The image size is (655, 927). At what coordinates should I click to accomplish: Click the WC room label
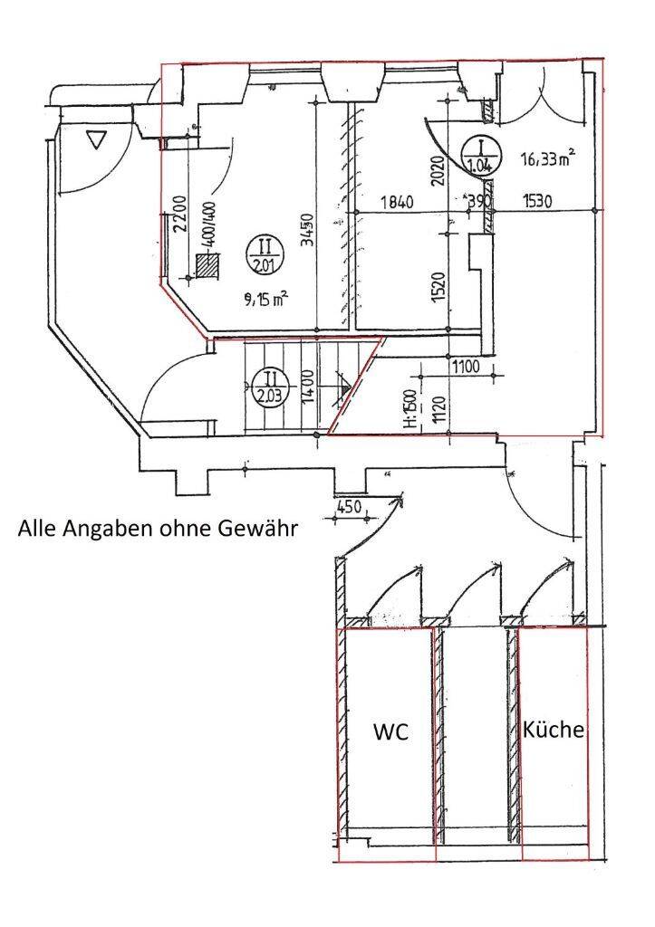pyautogui.click(x=391, y=732)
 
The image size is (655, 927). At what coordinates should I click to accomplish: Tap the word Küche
pyautogui.click(x=554, y=729)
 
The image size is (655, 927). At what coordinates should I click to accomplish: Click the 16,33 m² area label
pyautogui.click(x=549, y=160)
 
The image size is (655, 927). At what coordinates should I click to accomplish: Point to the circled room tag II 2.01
pyautogui.click(x=265, y=253)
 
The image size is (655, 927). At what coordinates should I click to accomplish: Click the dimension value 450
pyautogui.click(x=348, y=506)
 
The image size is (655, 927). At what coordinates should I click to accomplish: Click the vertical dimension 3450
pyautogui.click(x=308, y=230)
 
